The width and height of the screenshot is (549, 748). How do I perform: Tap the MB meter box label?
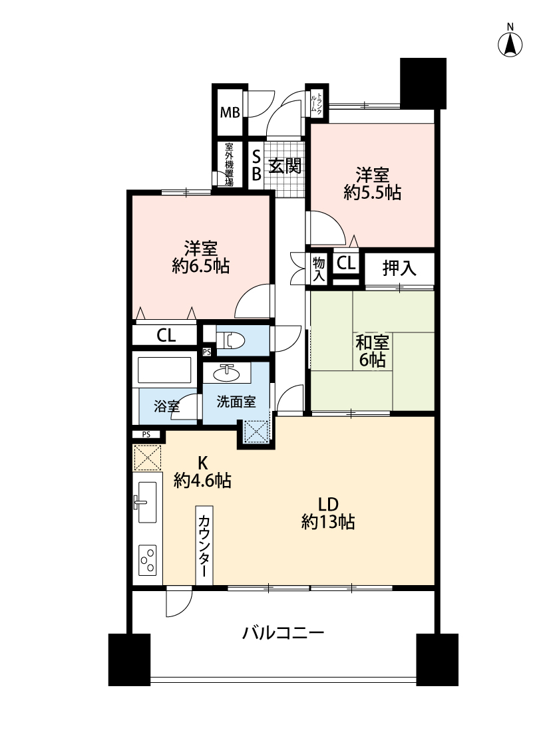(x=230, y=112)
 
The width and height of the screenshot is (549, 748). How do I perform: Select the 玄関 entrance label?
(x=285, y=166)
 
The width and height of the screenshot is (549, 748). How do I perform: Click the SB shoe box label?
(x=256, y=165)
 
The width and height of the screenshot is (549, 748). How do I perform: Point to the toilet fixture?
(x=230, y=341)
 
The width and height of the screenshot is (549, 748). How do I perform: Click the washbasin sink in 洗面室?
(x=226, y=373)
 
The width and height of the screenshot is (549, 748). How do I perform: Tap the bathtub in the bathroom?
(x=164, y=370)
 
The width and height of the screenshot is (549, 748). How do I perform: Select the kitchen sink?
(x=146, y=502)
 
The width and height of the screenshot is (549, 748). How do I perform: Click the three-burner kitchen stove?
(x=147, y=560)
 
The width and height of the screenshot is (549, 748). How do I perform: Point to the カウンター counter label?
(x=204, y=546)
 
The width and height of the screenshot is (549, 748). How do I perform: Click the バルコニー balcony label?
(x=283, y=634)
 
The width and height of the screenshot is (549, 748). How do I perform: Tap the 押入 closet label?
(x=399, y=268)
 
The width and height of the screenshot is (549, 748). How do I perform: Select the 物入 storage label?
(x=319, y=269)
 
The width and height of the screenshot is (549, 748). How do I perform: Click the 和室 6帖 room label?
(x=373, y=351)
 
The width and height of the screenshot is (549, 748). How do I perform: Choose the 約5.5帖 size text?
(x=373, y=193)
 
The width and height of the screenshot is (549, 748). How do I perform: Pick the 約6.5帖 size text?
(x=201, y=266)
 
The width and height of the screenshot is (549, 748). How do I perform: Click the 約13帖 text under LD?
(x=328, y=522)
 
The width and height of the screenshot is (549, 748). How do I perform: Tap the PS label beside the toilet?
(x=207, y=352)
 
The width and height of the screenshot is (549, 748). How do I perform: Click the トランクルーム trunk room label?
(x=316, y=102)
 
